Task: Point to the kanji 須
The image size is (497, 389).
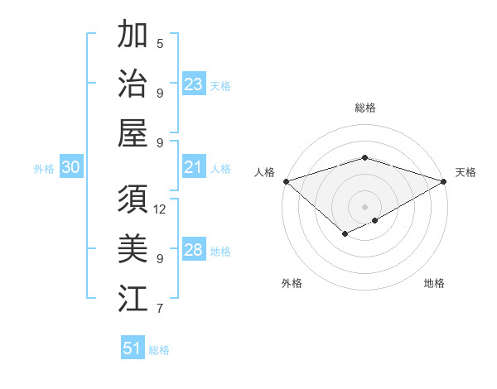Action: [x=133, y=200]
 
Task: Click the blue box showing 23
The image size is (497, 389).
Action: [x=194, y=84]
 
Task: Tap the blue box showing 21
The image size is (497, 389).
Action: [x=194, y=168]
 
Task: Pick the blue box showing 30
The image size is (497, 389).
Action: [x=70, y=168]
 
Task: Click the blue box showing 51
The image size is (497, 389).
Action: [x=133, y=348]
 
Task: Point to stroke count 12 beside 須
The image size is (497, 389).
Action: [x=160, y=209]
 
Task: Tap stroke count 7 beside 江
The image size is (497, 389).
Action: [x=160, y=309]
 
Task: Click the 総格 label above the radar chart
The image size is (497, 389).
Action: [x=364, y=108]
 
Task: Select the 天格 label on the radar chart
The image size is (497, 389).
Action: [x=466, y=172]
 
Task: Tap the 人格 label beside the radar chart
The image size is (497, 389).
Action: [x=264, y=172]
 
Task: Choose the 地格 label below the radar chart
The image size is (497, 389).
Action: [x=434, y=283]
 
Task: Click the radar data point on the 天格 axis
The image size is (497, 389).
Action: [x=444, y=180]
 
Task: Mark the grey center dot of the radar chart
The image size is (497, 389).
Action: [x=364, y=206]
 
